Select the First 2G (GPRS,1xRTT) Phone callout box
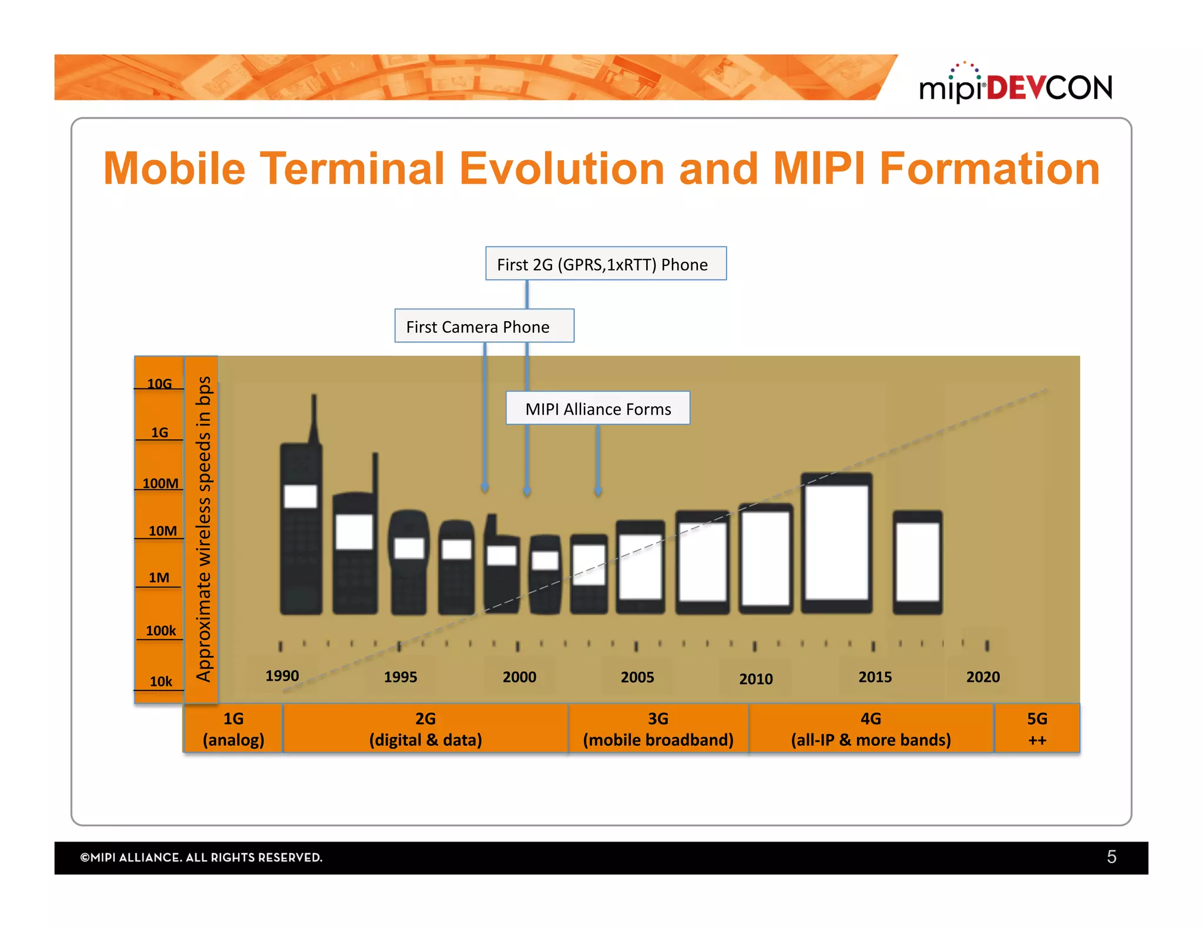[x=605, y=264]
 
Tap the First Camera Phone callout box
[x=483, y=326]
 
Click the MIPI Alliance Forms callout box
[x=597, y=408]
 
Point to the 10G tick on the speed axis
[x=159, y=384]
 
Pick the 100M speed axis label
[x=160, y=483]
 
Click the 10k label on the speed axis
[x=160, y=681]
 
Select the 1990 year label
[x=282, y=676]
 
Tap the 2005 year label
[x=637, y=677]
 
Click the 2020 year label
[x=983, y=677]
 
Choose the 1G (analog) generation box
[x=233, y=729]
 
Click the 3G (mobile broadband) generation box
[x=658, y=729]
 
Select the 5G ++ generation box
[x=1037, y=729]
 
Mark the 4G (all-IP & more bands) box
[x=871, y=729]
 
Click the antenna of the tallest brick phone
[x=314, y=417]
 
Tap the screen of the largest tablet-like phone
[x=836, y=541]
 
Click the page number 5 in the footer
[x=1111, y=857]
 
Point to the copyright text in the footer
[x=201, y=857]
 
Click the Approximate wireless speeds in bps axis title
[x=203, y=529]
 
